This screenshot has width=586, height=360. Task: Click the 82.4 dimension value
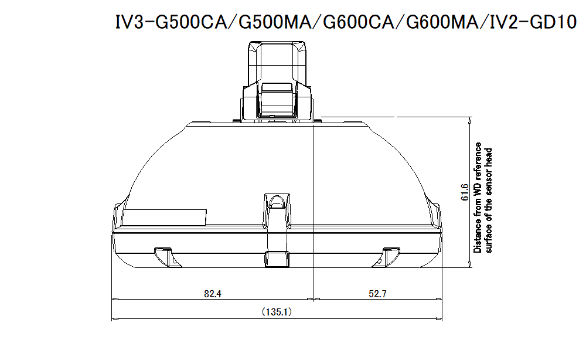point(213,294)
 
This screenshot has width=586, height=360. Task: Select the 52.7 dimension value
point(378,294)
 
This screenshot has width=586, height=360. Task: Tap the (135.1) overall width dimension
point(275,313)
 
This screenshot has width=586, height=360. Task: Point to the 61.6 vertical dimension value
point(464,192)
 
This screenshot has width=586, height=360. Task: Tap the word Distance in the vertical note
point(478,237)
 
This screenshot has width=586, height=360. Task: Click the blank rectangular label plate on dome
point(167,217)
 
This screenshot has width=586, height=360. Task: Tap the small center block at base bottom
point(277,259)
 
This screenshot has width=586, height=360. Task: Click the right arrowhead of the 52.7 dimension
point(441,300)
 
